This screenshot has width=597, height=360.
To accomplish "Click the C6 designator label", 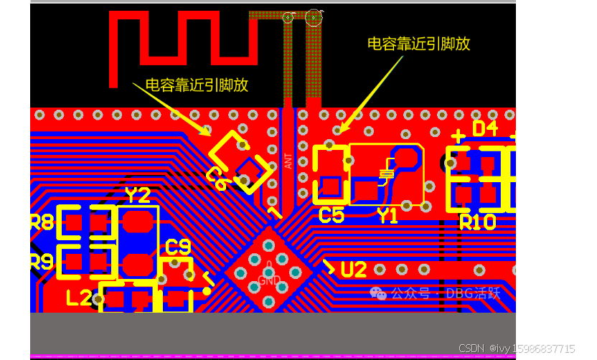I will coord(216,178).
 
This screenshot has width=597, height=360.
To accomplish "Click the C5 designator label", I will coord(331,214).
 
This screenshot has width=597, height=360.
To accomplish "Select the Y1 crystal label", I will coord(387,215).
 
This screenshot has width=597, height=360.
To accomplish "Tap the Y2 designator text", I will coord(138,195).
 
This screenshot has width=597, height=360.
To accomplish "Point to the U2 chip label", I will coord(354,270).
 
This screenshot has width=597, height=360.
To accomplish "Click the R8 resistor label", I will coord(42,222).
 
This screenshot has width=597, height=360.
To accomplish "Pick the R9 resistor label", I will coord(42,262).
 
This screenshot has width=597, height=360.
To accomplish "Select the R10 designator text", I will coord(477,222).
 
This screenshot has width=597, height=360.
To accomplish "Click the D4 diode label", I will coord(484,128).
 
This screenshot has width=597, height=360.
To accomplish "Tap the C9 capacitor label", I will coord(178,247).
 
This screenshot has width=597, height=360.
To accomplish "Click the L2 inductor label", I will coord(79,297).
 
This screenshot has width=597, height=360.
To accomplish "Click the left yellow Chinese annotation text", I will coord(197,85).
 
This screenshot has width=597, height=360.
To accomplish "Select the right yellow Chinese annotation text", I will coord(418,43).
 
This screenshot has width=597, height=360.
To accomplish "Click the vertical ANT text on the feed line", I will coord(288,161).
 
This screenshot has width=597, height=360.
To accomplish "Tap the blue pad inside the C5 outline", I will coord(330,186).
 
